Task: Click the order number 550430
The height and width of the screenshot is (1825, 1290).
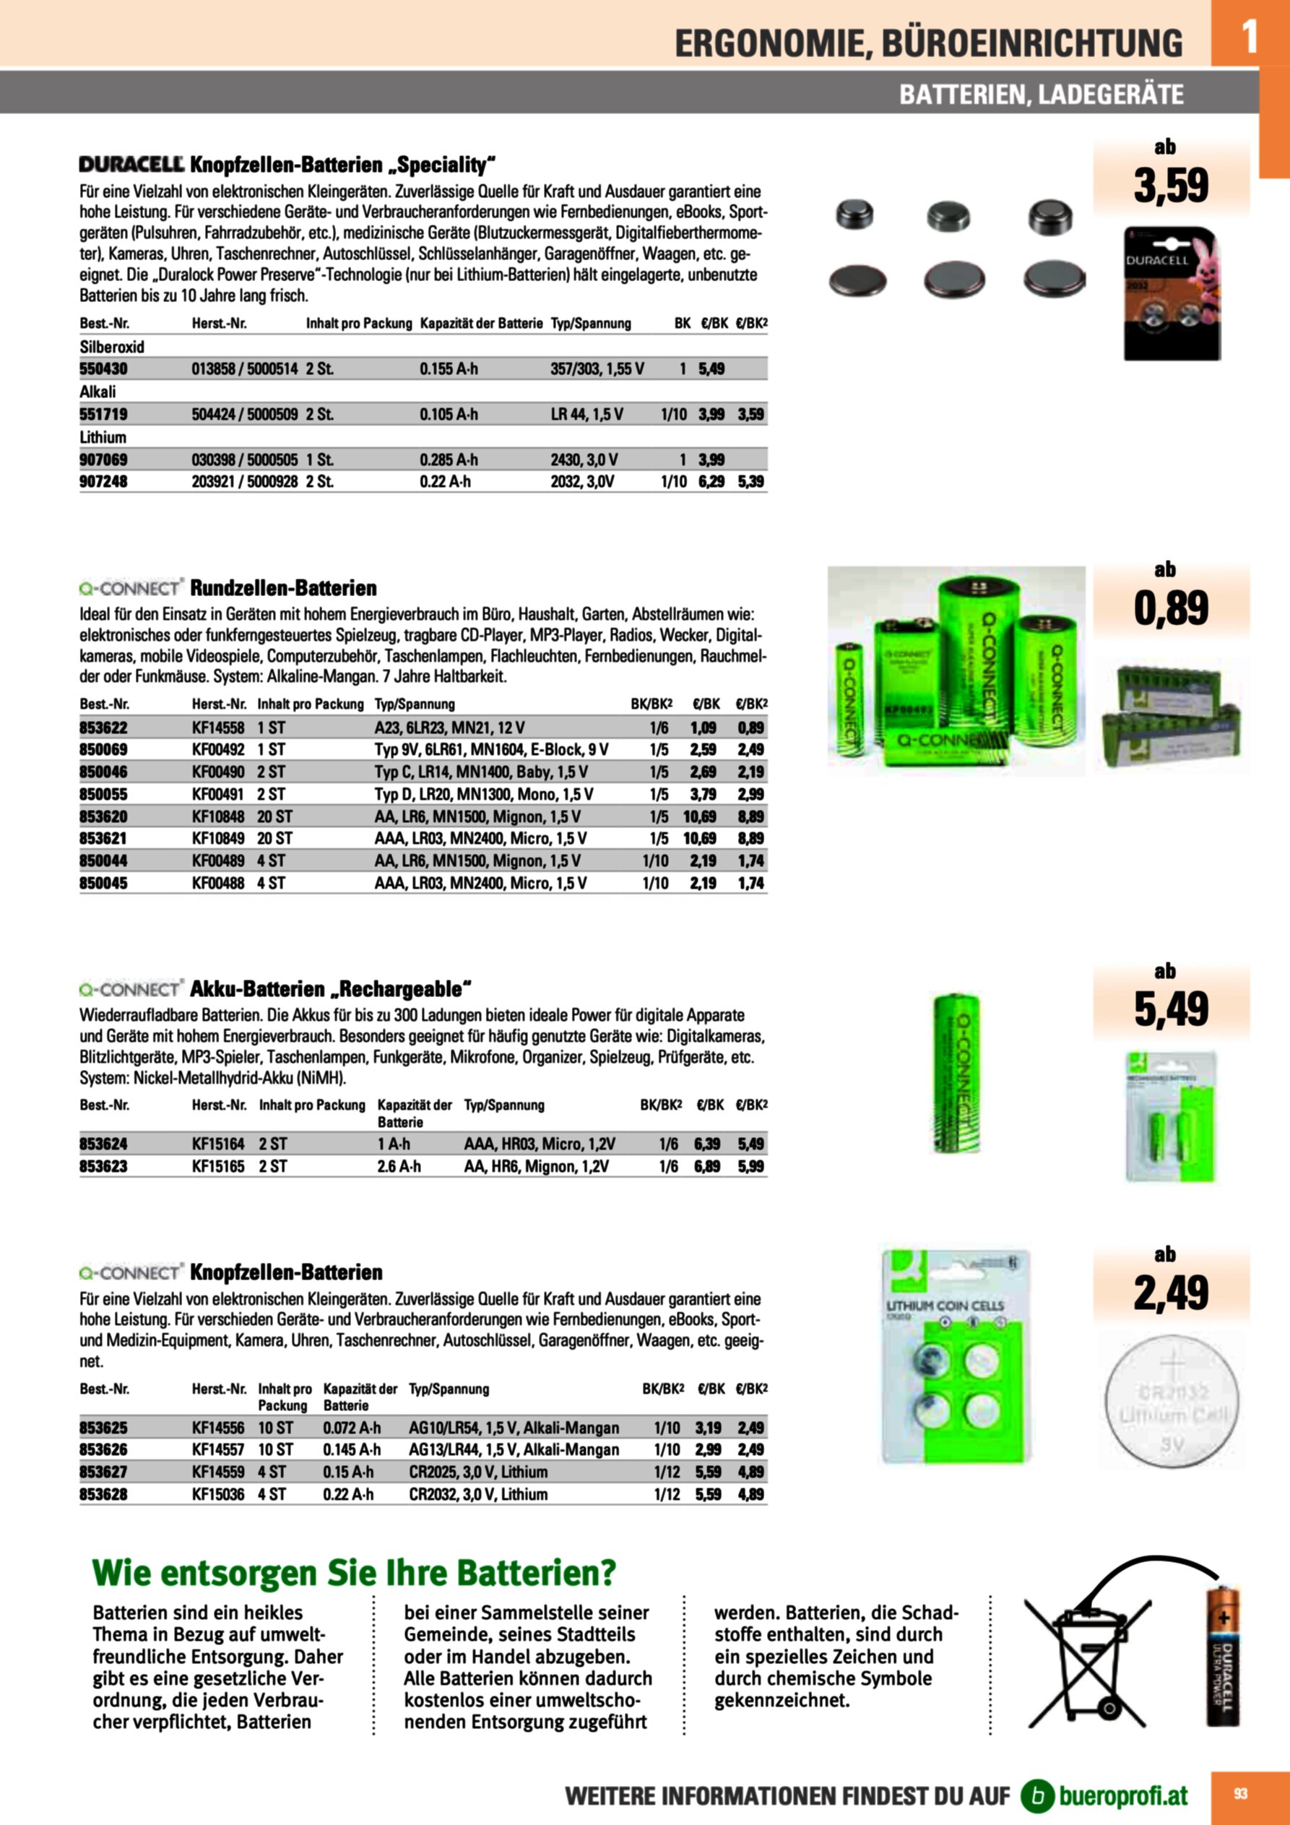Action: click(103, 368)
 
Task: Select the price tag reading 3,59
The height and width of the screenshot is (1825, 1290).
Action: click(1171, 184)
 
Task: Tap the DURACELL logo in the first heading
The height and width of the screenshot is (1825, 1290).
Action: click(131, 165)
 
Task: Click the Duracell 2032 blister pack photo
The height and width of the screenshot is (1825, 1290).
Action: click(1171, 293)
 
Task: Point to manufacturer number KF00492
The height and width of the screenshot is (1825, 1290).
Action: click(218, 749)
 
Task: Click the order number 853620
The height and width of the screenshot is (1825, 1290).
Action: click(103, 816)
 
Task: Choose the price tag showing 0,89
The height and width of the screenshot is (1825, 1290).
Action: click(1171, 608)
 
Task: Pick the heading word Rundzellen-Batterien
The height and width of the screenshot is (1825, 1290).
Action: click(283, 588)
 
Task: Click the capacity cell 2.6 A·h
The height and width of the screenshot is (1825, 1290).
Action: click(399, 1166)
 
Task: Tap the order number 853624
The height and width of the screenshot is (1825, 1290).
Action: click(103, 1144)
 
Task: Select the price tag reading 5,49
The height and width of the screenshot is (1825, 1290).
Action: click(1171, 1009)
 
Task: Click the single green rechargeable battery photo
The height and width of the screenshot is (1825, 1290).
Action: click(956, 1073)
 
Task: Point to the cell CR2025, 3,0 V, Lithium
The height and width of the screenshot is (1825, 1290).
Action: click(477, 1472)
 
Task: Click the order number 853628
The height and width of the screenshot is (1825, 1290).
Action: click(103, 1494)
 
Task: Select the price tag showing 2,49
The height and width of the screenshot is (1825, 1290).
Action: click(1171, 1293)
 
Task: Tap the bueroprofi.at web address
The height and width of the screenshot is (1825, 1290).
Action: click(1122, 1795)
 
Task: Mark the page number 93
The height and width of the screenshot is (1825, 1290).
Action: click(1240, 1793)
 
